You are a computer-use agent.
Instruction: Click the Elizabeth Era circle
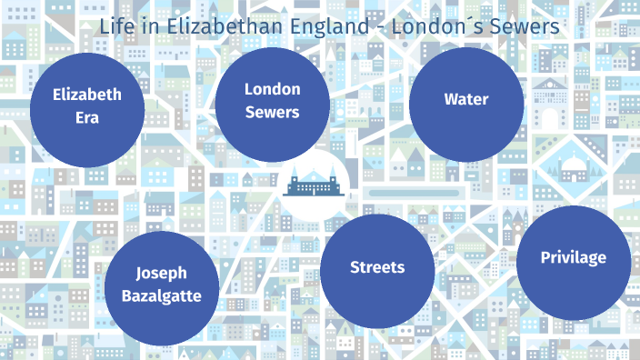pos(87,110)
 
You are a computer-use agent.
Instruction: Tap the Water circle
pos(466,99)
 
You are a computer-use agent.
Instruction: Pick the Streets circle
pos(377,267)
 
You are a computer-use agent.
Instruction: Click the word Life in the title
pos(115,27)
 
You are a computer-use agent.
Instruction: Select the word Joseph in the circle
pos(162,273)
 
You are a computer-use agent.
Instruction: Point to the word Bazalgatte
pos(162,296)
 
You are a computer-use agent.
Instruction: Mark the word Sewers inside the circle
pos(272,113)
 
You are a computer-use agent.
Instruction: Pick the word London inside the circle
pos(272,88)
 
